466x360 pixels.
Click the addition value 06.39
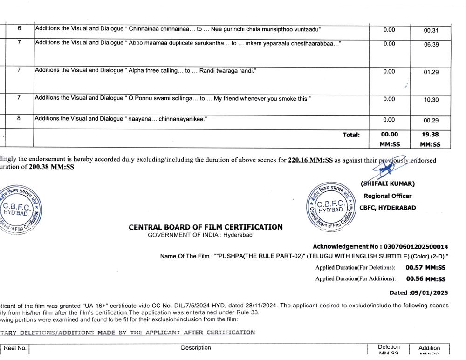(x=431, y=45)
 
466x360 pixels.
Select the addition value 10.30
(x=431, y=100)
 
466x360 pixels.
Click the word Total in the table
(x=351, y=135)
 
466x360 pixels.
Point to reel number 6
(x=19, y=28)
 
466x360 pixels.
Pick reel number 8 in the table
(x=19, y=118)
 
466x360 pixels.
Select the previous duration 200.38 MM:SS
(x=51, y=167)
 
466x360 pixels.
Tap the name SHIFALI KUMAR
(x=388, y=183)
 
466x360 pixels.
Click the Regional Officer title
(x=387, y=196)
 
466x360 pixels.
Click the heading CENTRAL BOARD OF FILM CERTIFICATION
(x=206, y=227)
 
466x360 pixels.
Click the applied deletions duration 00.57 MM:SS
(x=425, y=268)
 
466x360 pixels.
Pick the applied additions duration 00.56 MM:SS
(x=425, y=279)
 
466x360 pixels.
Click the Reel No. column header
(x=16, y=348)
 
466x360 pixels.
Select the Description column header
(x=196, y=347)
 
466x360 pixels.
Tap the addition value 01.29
(x=431, y=72)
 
